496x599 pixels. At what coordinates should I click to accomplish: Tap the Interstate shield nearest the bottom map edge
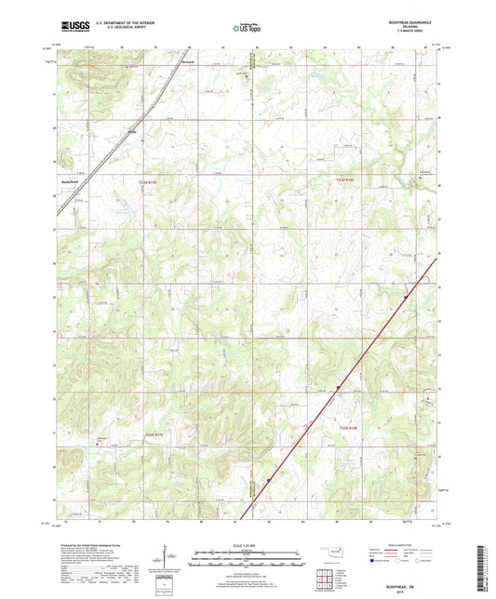pyautogui.click(x=269, y=480)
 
